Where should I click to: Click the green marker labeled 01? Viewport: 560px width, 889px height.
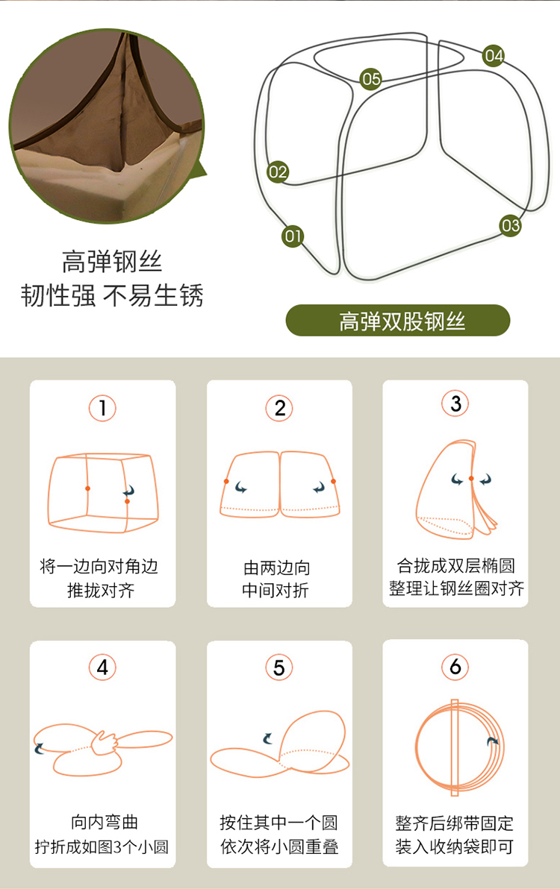293,236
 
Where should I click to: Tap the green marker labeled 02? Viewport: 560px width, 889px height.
278,172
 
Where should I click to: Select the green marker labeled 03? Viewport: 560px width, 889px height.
510,226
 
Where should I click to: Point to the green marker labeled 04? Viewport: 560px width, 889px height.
494,55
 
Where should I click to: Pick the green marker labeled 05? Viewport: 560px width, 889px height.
371,79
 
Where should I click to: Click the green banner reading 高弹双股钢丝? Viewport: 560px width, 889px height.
398,321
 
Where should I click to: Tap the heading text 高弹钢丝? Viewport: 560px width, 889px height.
112,261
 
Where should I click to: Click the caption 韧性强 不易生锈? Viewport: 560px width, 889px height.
112,295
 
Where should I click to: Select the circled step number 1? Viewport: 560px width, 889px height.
103,408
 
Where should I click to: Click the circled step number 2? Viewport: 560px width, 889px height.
279,408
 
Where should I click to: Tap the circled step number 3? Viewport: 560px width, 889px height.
455,403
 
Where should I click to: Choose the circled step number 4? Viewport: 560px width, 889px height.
103,667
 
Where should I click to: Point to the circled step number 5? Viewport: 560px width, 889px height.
279,667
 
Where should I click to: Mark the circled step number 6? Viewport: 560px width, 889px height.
455,667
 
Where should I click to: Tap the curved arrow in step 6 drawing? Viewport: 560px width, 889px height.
493,741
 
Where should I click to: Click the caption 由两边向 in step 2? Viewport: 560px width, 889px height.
277,567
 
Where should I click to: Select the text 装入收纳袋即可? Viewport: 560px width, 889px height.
455,847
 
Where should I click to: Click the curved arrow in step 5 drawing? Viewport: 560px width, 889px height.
267,738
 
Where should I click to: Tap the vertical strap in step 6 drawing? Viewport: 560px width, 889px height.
455,748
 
